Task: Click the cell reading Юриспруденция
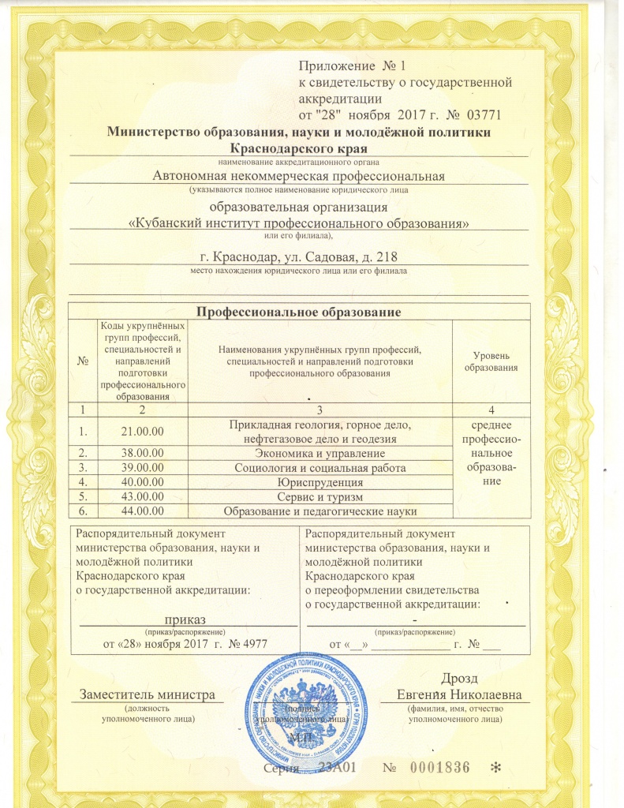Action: tap(321, 482)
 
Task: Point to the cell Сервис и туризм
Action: tap(321, 496)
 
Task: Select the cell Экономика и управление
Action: tap(321, 454)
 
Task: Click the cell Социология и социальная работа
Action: tap(321, 468)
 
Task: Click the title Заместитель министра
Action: tap(148, 694)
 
